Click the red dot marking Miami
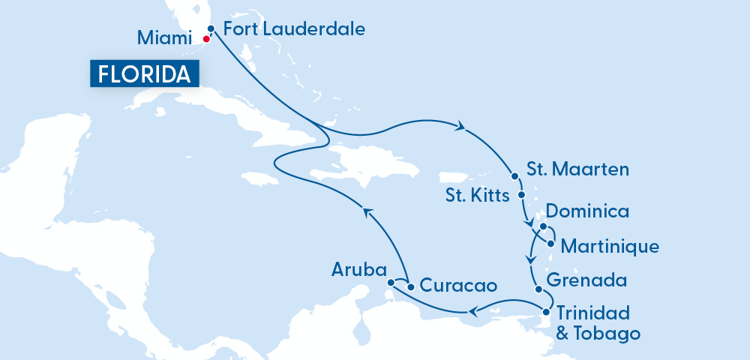[206, 38]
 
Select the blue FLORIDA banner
[145, 73]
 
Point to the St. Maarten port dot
[514, 176]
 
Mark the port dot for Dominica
[541, 226]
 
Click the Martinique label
[610, 245]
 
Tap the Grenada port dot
[536, 290]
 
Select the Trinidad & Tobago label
[597, 322]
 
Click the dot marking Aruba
[391, 282]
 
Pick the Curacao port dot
[410, 286]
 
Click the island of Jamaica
[256, 178]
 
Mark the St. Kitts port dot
[523, 196]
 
